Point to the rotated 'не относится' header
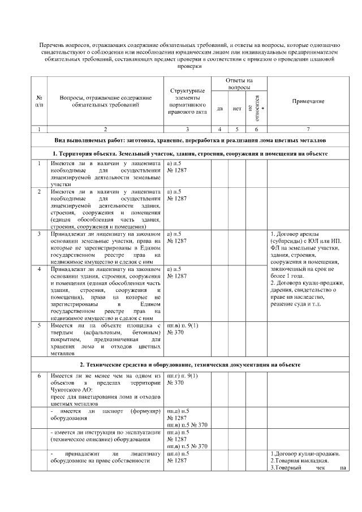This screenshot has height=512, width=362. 256,107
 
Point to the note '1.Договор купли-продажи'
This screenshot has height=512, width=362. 306,454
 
